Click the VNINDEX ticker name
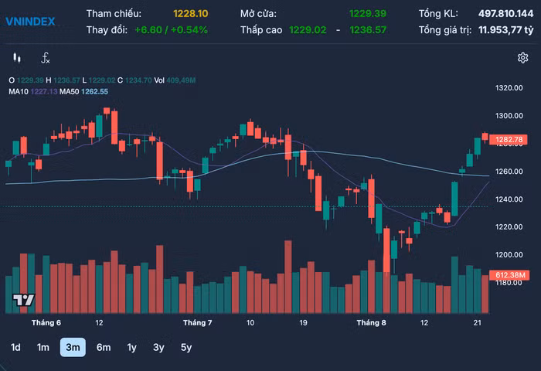point(30,21)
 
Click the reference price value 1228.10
point(191,14)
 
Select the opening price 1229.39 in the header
point(367,14)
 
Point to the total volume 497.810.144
point(500,14)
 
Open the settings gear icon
point(522,58)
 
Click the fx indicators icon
point(46,58)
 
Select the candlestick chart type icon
point(17,58)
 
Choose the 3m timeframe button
point(73,347)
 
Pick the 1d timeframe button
point(15,347)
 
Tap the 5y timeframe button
point(186,347)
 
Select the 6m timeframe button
point(104,347)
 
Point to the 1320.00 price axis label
point(509,88)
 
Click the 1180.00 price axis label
point(509,283)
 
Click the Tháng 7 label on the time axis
point(197,322)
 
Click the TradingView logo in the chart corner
point(23,300)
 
